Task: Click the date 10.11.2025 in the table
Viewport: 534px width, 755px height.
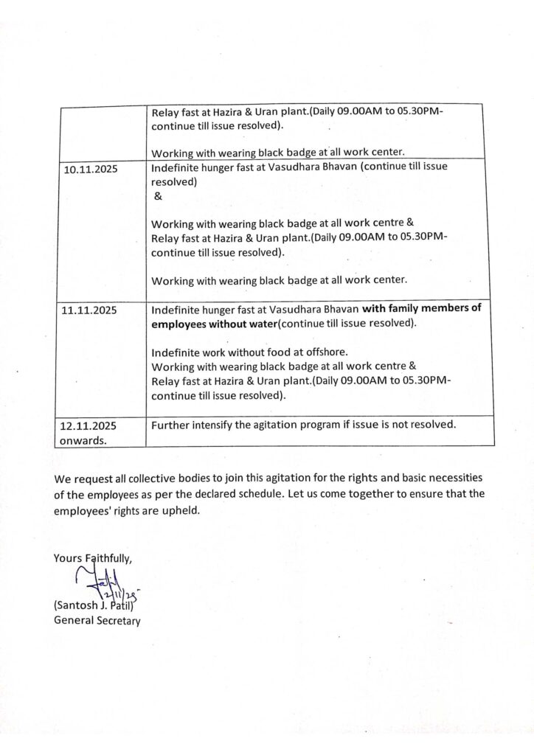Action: click(x=90, y=169)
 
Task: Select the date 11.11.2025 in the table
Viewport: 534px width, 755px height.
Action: click(x=90, y=311)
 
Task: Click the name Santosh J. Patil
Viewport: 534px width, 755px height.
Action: click(x=97, y=606)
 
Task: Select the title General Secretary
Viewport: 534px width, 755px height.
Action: click(x=97, y=621)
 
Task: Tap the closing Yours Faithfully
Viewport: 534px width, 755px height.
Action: click(x=93, y=558)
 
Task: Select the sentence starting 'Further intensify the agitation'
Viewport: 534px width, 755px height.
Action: click(x=304, y=425)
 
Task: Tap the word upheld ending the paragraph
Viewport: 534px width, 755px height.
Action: click(x=184, y=509)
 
